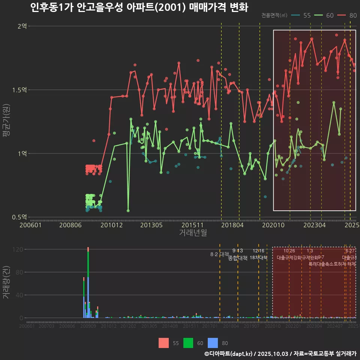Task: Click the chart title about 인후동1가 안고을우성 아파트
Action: pos(139,7)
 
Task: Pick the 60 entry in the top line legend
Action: pos(325,15)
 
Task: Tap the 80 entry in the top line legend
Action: pos(348,15)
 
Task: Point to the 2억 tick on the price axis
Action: pos(22,26)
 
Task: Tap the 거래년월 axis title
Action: pos(193,233)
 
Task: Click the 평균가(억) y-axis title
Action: pos(6,122)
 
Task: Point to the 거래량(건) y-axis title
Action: pos(6,283)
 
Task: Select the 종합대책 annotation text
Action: pos(238,258)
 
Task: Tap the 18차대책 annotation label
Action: pos(258,258)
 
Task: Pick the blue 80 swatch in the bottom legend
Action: pos(213,343)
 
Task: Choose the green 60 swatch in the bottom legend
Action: pos(188,343)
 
